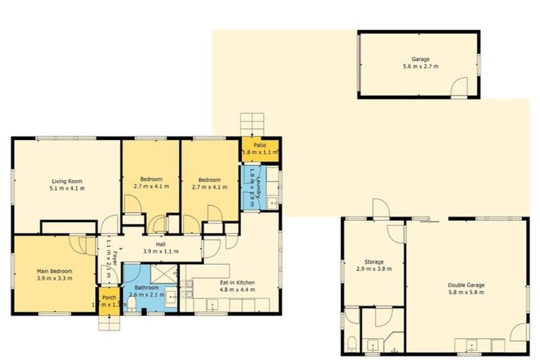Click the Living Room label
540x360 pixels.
click(x=66, y=181)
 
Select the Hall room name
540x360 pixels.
click(x=161, y=243)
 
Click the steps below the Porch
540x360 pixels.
click(x=109, y=323)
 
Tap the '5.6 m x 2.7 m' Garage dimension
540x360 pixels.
click(x=420, y=66)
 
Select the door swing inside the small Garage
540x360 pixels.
click(x=458, y=88)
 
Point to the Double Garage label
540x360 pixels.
click(x=466, y=285)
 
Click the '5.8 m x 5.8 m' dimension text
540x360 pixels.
click(x=466, y=292)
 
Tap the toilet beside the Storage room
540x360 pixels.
click(x=351, y=344)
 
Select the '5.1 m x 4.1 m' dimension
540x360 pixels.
click(x=66, y=188)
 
